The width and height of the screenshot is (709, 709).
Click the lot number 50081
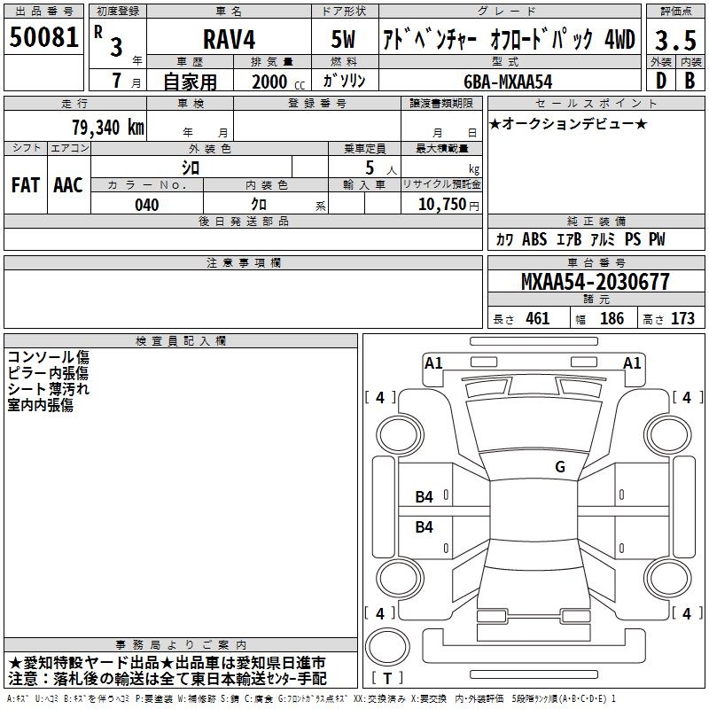pyautogui.click(x=43, y=37)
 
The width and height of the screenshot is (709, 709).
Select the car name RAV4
pyautogui.click(x=229, y=39)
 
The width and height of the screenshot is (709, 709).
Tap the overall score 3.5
pyautogui.click(x=675, y=40)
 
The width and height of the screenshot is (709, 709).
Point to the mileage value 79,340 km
pyautogui.click(x=108, y=127)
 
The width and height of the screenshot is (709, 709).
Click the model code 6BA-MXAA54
pyautogui.click(x=508, y=82)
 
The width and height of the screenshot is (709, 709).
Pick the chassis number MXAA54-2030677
pyautogui.click(x=595, y=282)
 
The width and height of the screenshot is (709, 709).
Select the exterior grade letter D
pyautogui.click(x=661, y=81)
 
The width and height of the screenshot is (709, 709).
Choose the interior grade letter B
pyautogui.click(x=690, y=81)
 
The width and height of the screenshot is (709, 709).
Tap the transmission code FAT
pyautogui.click(x=26, y=185)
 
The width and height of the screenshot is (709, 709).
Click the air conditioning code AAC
pyautogui.click(x=68, y=185)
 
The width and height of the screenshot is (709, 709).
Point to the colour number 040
pyautogui.click(x=146, y=205)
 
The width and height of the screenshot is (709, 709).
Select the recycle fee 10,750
pyautogui.click(x=441, y=205)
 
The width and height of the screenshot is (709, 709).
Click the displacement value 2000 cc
pyautogui.click(x=278, y=82)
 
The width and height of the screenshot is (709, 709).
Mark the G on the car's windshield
pyautogui.click(x=560, y=467)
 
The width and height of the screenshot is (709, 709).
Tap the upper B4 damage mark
pyautogui.click(x=424, y=497)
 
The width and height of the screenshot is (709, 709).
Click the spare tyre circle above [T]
pyautogui.click(x=387, y=647)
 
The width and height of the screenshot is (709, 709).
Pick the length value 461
pyautogui.click(x=537, y=318)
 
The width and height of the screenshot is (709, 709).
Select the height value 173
pyautogui.click(x=682, y=318)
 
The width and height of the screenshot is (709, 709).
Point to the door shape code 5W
pyautogui.click(x=343, y=39)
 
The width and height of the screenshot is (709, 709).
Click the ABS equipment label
pyautogui.click(x=534, y=238)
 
